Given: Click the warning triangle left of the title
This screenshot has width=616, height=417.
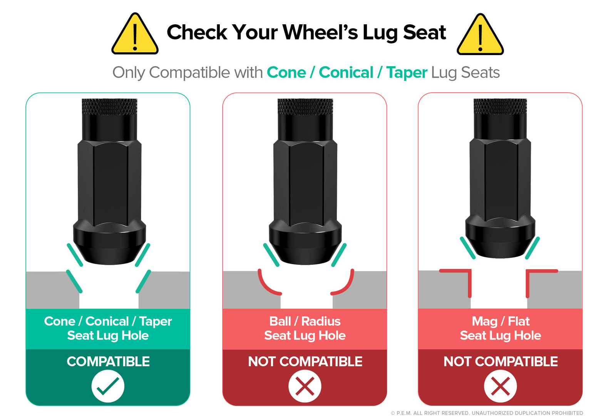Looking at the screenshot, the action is (135, 34).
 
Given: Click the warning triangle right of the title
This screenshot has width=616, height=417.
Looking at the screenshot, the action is (480, 35).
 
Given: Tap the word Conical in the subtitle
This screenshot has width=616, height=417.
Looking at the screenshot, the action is (346, 72).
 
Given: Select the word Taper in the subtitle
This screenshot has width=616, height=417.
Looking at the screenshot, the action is (407, 73).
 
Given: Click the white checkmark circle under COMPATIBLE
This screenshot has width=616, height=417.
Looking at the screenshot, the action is (108, 386).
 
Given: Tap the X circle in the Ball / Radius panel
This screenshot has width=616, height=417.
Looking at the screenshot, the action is (305, 386).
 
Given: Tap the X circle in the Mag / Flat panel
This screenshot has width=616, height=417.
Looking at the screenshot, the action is (500, 386).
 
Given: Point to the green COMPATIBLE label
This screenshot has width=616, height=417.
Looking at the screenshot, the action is (108, 362).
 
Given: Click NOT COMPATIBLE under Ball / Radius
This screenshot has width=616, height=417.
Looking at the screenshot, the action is (305, 362).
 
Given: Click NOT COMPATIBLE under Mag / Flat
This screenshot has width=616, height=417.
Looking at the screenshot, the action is (500, 362).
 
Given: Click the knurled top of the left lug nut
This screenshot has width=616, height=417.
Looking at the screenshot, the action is (109, 106).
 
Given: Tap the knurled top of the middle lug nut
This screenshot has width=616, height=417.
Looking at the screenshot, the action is (305, 106).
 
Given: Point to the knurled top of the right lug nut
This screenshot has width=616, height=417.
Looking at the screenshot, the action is (500, 106).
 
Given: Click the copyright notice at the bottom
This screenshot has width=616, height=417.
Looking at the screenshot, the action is (487, 413).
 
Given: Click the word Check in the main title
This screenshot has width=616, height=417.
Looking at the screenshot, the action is (197, 32).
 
